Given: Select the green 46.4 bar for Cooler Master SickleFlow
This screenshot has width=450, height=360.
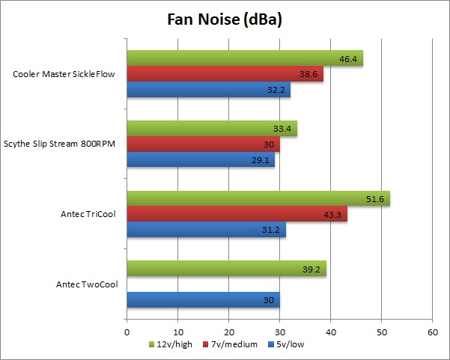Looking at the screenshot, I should pyautogui.click(x=245, y=58).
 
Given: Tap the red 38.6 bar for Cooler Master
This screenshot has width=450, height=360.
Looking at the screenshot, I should pyautogui.click(x=225, y=74).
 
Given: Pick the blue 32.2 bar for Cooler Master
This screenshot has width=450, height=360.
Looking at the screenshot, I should pyautogui.click(x=208, y=90).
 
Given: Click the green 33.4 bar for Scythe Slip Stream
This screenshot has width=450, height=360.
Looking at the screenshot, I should pyautogui.click(x=212, y=128).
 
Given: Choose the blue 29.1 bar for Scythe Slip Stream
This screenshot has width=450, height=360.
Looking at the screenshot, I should pyautogui.click(x=201, y=159).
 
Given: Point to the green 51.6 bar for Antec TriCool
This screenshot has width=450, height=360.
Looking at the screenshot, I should pyautogui.click(x=258, y=198).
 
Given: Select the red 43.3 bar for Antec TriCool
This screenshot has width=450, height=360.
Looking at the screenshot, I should pyautogui.click(x=237, y=214).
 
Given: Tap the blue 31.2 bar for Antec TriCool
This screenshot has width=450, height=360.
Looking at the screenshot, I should pyautogui.click(x=206, y=230).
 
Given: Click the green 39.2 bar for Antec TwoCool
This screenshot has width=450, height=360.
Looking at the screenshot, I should pyautogui.click(x=227, y=268).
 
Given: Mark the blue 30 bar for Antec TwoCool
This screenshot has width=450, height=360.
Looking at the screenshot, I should pyautogui.click(x=203, y=299).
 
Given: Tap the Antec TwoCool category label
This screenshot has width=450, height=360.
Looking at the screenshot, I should pyautogui.click(x=87, y=284).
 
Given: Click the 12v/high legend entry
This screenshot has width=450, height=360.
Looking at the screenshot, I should pyautogui.click(x=174, y=344).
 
